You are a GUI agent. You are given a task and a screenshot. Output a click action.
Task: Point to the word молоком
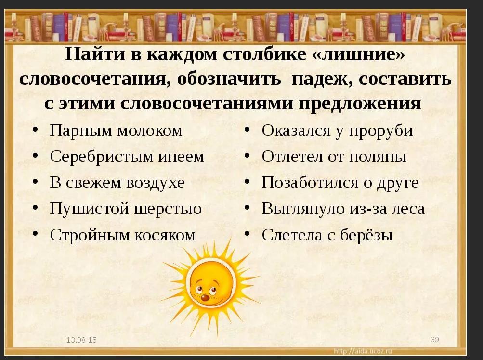(150, 131)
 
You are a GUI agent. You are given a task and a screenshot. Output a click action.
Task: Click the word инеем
(181, 157)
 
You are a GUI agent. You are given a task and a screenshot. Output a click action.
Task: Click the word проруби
(381, 131)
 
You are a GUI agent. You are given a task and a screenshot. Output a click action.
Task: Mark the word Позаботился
(310, 183)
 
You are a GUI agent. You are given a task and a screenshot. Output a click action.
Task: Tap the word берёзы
(366, 235)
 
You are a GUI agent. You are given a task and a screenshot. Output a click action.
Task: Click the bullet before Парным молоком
(36, 129)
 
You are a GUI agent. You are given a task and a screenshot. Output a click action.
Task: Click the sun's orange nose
(205, 297)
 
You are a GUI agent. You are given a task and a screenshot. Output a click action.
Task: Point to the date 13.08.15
(82, 340)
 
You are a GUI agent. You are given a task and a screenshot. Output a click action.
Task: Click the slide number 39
(435, 340)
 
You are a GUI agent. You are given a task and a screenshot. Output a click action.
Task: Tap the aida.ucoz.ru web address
(363, 351)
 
